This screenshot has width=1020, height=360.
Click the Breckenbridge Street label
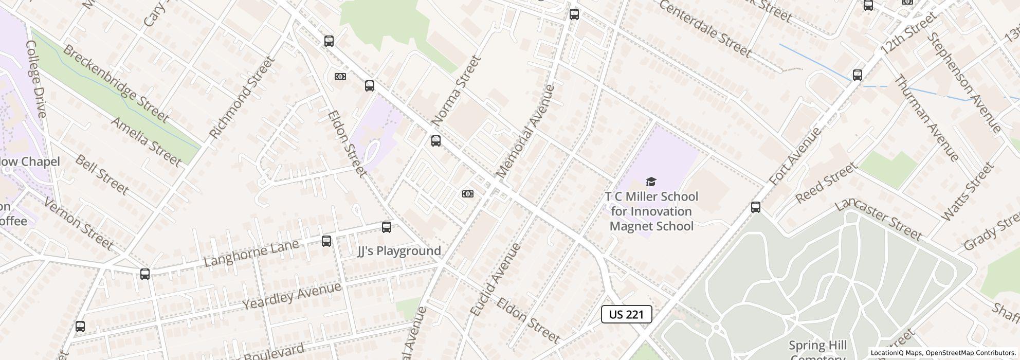click(x=116, y=83)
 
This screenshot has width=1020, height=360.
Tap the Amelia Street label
click(x=146, y=142)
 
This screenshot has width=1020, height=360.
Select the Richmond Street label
click(x=241, y=97)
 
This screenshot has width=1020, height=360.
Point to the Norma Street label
click(x=456, y=91)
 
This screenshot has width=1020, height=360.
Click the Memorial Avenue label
click(x=525, y=132)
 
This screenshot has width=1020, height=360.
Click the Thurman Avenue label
click(x=926, y=118)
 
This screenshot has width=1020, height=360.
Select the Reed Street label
click(x=826, y=183)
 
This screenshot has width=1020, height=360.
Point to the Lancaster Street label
click(x=878, y=219)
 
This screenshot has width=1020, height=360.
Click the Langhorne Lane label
click(x=251, y=253)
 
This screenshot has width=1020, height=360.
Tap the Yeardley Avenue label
click(x=292, y=296)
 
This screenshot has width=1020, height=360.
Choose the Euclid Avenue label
click(x=496, y=279)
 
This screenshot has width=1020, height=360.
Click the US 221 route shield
click(x=626, y=314)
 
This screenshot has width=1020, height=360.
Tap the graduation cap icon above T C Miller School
click(x=651, y=182)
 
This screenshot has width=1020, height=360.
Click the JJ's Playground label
click(x=399, y=251)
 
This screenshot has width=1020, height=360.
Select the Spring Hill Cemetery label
click(x=817, y=350)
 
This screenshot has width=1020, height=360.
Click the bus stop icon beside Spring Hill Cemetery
click(x=755, y=207)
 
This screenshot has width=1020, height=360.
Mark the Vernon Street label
click(x=78, y=223)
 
